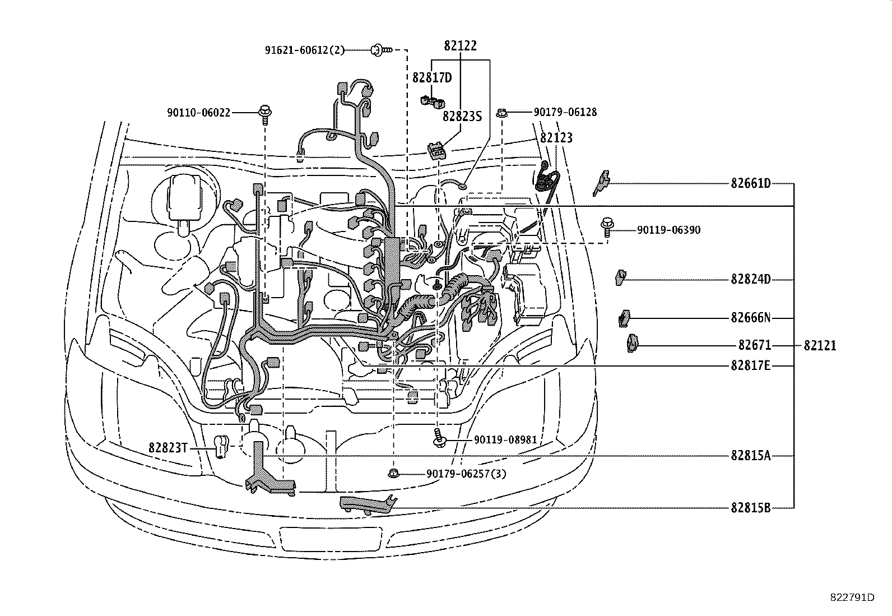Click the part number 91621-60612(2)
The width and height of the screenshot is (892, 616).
[x=305, y=50]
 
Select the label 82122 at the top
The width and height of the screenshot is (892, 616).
[x=460, y=46]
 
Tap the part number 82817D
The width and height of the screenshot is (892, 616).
[x=432, y=78]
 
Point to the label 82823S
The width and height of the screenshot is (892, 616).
[x=462, y=116]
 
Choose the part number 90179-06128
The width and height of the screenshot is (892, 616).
[x=565, y=112]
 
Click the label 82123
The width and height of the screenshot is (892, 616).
[x=556, y=137]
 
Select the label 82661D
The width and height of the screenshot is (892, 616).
[x=750, y=183]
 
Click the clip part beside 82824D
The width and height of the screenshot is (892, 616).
[x=620, y=277]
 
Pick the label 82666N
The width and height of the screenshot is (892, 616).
[x=750, y=318]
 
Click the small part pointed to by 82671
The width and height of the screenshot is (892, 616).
[x=632, y=343]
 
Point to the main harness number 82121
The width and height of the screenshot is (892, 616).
[x=820, y=346]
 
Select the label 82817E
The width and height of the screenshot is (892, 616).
[x=750, y=366]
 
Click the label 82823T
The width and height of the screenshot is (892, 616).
[x=167, y=447]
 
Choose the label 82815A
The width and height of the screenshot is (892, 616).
[x=750, y=456]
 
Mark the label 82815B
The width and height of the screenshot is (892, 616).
[x=750, y=508]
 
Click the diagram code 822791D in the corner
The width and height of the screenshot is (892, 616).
[x=852, y=598]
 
